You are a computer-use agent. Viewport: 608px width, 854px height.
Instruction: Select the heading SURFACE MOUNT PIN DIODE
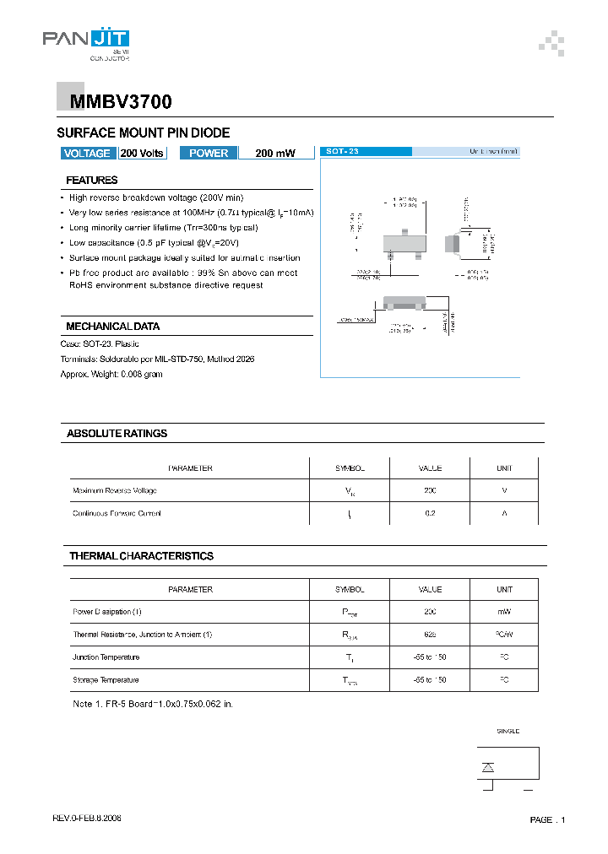pos(143,133)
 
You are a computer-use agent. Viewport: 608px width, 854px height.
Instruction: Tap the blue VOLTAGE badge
pos(87,153)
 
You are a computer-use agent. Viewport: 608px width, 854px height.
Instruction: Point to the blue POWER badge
pos(209,153)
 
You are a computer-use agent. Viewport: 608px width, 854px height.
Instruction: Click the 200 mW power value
pos(275,154)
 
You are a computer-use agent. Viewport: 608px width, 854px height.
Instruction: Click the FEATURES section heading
pos(92,180)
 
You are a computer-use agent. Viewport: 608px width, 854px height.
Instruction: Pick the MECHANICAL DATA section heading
pos(113,327)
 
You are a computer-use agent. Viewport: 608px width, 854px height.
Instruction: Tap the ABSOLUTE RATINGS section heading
pos(117,434)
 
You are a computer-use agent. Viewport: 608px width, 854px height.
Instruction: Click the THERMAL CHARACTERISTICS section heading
pos(141,556)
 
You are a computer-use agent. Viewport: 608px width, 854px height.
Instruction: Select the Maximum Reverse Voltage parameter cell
pos(115,490)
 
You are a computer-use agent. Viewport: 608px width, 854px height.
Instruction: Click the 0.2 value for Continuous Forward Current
pos(430,513)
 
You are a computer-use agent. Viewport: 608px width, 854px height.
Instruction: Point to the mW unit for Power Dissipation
pos(504,612)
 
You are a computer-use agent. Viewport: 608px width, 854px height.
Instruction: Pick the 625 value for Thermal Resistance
pos(430,635)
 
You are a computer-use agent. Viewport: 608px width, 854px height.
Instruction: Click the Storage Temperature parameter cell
pos(106,680)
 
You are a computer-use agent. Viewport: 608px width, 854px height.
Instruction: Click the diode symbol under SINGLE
pos(487,766)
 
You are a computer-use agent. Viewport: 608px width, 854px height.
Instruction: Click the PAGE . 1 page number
pos(547,820)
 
